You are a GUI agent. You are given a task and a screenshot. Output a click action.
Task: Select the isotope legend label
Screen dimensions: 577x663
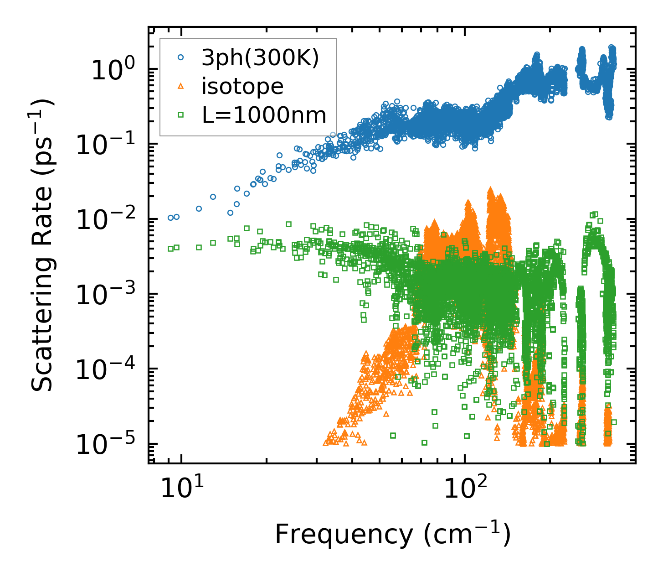click(x=242, y=86)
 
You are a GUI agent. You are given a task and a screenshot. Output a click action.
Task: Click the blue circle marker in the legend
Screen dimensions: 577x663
click(x=181, y=57)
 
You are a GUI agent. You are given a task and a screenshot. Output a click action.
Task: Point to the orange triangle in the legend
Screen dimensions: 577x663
click(x=181, y=86)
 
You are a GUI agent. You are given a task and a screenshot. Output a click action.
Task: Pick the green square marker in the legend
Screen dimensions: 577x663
click(x=181, y=115)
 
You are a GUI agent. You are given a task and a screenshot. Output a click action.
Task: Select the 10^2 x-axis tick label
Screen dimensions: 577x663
click(x=464, y=489)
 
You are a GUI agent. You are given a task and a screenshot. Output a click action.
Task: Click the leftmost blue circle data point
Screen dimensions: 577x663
click(x=170, y=218)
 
